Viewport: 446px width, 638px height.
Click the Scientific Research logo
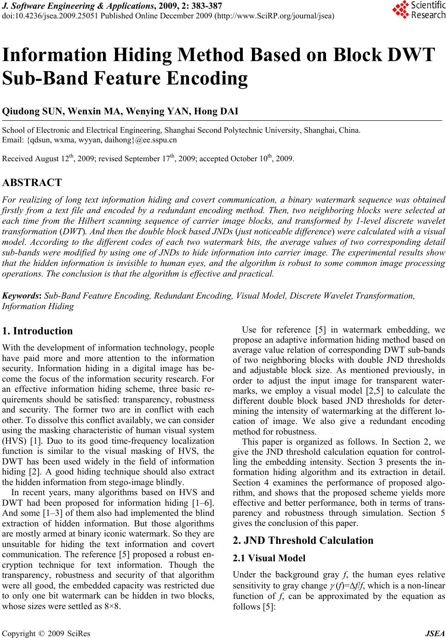point(418,10)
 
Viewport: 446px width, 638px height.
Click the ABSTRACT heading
point(32,183)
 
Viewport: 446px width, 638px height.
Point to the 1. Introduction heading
point(37,331)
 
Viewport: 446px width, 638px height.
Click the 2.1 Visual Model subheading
point(269,559)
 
